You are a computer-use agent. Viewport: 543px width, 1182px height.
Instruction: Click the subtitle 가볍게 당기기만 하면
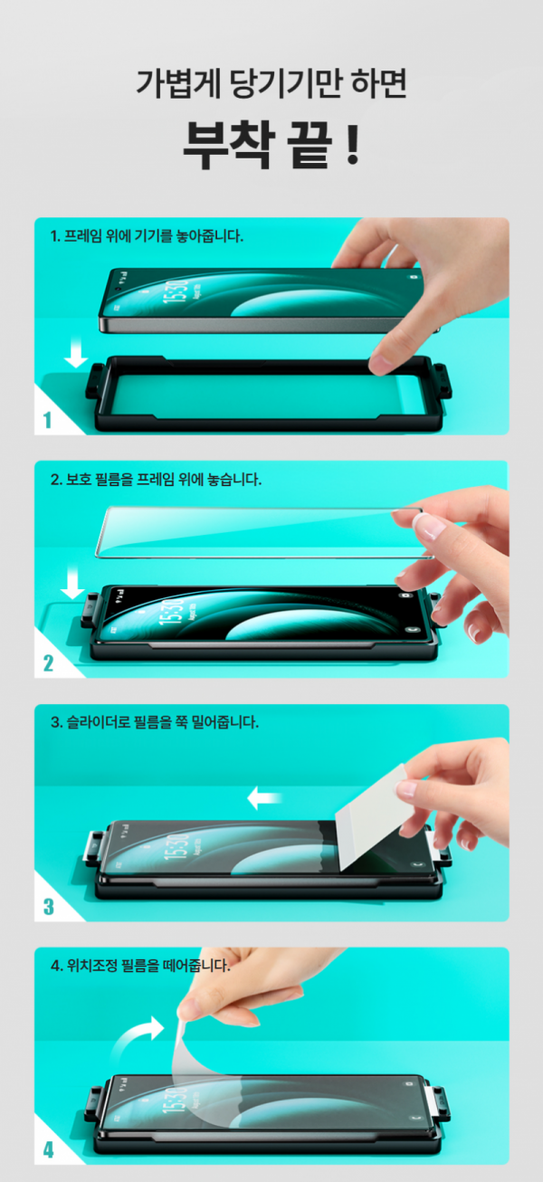tap(271, 83)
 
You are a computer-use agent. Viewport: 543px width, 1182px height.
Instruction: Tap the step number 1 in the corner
tap(47, 419)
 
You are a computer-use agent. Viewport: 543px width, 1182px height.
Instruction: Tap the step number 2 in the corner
tap(48, 662)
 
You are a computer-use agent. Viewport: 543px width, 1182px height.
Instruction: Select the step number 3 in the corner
tap(48, 906)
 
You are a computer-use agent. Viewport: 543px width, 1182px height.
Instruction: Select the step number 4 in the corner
tap(48, 1149)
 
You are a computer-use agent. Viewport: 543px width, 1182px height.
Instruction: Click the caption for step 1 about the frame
tap(147, 237)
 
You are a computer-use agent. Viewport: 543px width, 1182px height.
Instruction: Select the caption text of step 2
tap(156, 480)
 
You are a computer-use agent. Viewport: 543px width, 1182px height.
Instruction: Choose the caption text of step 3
tap(155, 723)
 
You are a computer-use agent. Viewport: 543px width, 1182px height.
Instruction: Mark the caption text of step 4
tap(140, 966)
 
